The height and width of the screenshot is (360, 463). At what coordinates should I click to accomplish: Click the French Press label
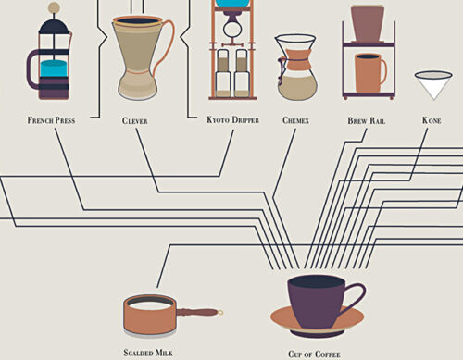pyautogui.click(x=51, y=120)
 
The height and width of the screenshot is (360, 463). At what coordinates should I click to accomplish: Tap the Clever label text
pyautogui.click(x=135, y=120)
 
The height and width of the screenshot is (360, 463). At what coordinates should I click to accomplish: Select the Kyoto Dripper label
pyautogui.click(x=232, y=119)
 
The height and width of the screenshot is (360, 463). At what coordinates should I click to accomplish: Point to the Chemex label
pyautogui.click(x=295, y=120)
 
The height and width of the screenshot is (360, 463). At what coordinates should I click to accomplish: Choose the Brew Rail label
pyautogui.click(x=367, y=120)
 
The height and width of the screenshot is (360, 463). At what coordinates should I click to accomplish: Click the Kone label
pyautogui.click(x=432, y=120)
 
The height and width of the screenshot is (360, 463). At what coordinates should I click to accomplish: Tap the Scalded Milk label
pyautogui.click(x=148, y=353)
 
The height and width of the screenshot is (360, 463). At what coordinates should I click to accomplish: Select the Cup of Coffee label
pyautogui.click(x=314, y=354)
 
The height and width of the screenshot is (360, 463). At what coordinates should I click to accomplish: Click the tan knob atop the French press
pyautogui.click(x=55, y=6)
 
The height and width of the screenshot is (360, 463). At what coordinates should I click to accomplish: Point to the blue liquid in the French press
pyautogui.click(x=54, y=68)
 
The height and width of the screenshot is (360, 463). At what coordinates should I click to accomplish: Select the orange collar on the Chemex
pyautogui.click(x=297, y=59)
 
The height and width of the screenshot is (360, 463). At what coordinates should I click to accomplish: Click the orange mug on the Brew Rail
pyautogui.click(x=370, y=73)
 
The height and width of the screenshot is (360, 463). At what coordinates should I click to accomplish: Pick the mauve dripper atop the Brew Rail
pyautogui.click(x=368, y=23)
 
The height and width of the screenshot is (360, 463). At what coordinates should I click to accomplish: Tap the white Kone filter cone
pyautogui.click(x=433, y=85)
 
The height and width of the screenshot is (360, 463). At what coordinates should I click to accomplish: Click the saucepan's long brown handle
pyautogui.click(x=199, y=312)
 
